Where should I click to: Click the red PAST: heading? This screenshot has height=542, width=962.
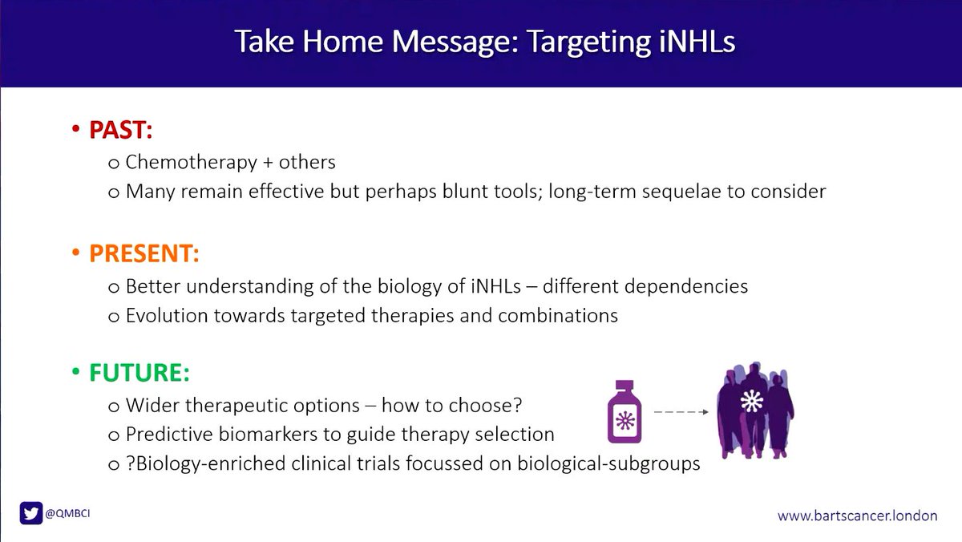point(120,131)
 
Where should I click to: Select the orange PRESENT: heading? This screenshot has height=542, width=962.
point(143,253)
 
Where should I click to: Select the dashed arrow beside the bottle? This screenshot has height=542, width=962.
point(681,412)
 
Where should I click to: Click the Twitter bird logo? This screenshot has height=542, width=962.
point(31,514)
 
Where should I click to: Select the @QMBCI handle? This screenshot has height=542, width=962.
point(68,514)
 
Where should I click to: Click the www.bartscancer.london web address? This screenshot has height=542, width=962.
point(857,516)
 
